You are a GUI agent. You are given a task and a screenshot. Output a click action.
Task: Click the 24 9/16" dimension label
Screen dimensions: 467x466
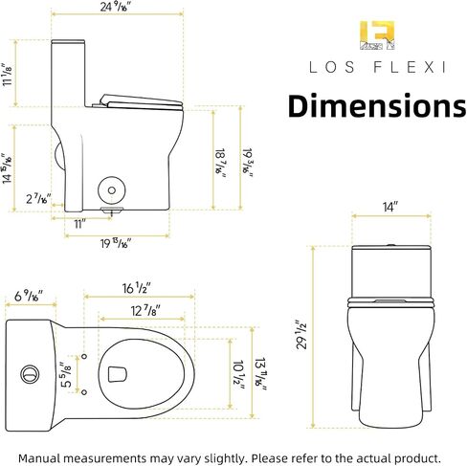(114, 7)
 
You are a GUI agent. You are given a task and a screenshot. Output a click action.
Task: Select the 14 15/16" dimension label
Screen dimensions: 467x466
(8, 168)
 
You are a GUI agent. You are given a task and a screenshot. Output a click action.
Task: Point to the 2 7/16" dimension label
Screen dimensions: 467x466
(38, 199)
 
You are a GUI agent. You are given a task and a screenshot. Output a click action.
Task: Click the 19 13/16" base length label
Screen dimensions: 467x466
(116, 244)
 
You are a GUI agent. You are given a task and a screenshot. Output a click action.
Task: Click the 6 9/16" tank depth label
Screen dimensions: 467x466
(29, 297)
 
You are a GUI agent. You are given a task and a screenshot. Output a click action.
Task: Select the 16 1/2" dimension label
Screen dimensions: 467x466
(137, 288)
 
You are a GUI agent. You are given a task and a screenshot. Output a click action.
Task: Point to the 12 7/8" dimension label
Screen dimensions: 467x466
(145, 310)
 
